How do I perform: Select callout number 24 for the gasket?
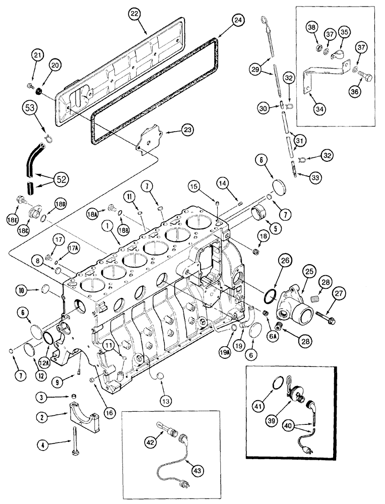(x=237, y=21)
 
